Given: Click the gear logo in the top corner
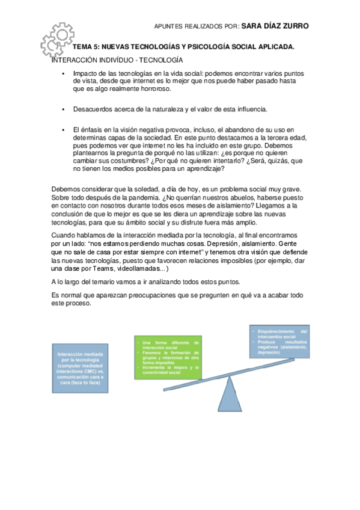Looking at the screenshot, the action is (x=57, y=40).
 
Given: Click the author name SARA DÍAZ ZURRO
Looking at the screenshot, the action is (x=275, y=26).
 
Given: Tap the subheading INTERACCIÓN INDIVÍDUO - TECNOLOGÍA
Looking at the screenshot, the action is (x=117, y=60).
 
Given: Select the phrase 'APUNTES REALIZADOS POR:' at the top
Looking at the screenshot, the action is (x=197, y=26).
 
